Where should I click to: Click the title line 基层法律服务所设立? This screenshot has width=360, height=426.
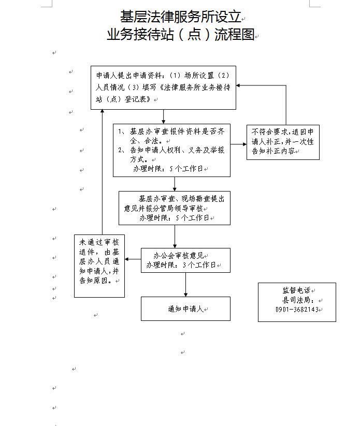181,17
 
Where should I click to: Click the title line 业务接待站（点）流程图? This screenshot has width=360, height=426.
181,35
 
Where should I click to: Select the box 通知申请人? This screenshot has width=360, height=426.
185,309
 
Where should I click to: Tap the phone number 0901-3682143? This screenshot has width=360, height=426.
297,310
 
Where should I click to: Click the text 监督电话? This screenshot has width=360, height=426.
296,290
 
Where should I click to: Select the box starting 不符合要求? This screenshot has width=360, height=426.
283,141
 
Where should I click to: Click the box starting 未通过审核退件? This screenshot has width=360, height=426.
99,266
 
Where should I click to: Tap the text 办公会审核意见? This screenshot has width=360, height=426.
179,256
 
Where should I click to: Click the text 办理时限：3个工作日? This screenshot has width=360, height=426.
181,265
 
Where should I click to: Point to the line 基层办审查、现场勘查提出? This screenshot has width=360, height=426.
181,199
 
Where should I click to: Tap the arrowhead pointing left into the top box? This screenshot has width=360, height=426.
239,87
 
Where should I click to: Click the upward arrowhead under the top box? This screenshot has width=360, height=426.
102,112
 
